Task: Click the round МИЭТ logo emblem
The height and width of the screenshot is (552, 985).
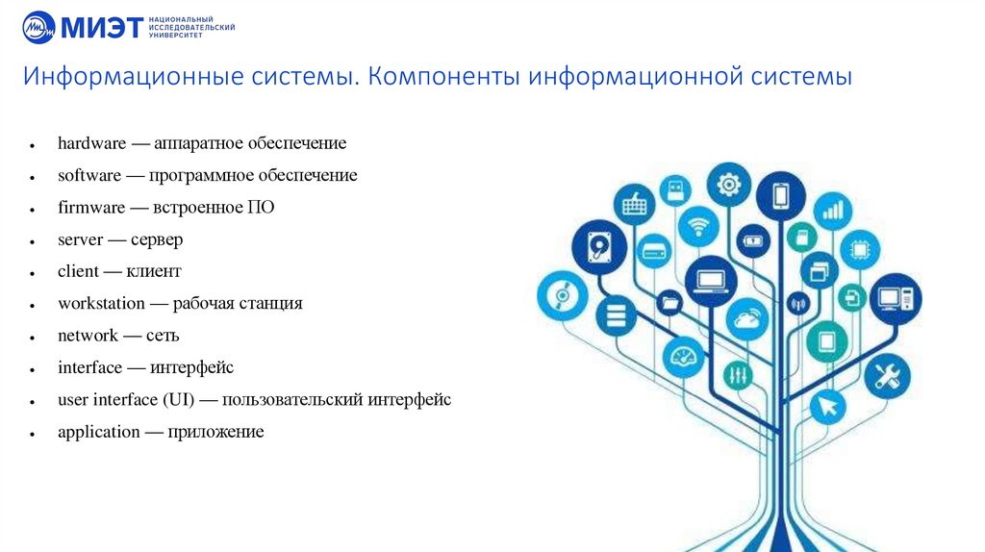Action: click(x=39, y=27)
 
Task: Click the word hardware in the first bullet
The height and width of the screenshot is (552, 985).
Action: click(x=91, y=143)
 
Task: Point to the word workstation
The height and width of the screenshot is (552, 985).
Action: click(x=101, y=303)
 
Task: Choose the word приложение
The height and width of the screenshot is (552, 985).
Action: click(x=215, y=432)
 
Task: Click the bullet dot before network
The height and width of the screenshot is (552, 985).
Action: click(x=34, y=338)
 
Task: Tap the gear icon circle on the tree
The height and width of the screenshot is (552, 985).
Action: click(x=729, y=185)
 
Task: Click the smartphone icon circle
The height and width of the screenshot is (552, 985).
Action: click(x=781, y=196)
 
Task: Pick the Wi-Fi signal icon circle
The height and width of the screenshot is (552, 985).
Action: click(x=697, y=227)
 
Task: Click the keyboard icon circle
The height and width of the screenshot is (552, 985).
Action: click(x=635, y=204)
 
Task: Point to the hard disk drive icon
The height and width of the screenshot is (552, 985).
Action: click(x=599, y=245)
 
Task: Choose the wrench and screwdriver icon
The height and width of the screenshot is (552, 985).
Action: click(x=886, y=376)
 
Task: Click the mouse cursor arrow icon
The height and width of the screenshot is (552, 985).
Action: click(x=826, y=406)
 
